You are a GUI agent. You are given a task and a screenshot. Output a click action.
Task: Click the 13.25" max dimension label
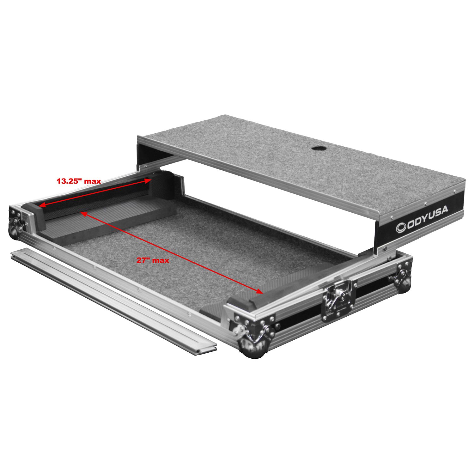tap(79, 181)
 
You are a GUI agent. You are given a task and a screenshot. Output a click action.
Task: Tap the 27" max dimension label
tap(153, 260)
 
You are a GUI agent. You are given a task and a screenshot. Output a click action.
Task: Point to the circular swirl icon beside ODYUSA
tap(401, 228)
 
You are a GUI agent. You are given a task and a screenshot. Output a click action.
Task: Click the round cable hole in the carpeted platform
tap(316, 149)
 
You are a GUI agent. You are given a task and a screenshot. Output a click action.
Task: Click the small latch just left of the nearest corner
tap(238, 330)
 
